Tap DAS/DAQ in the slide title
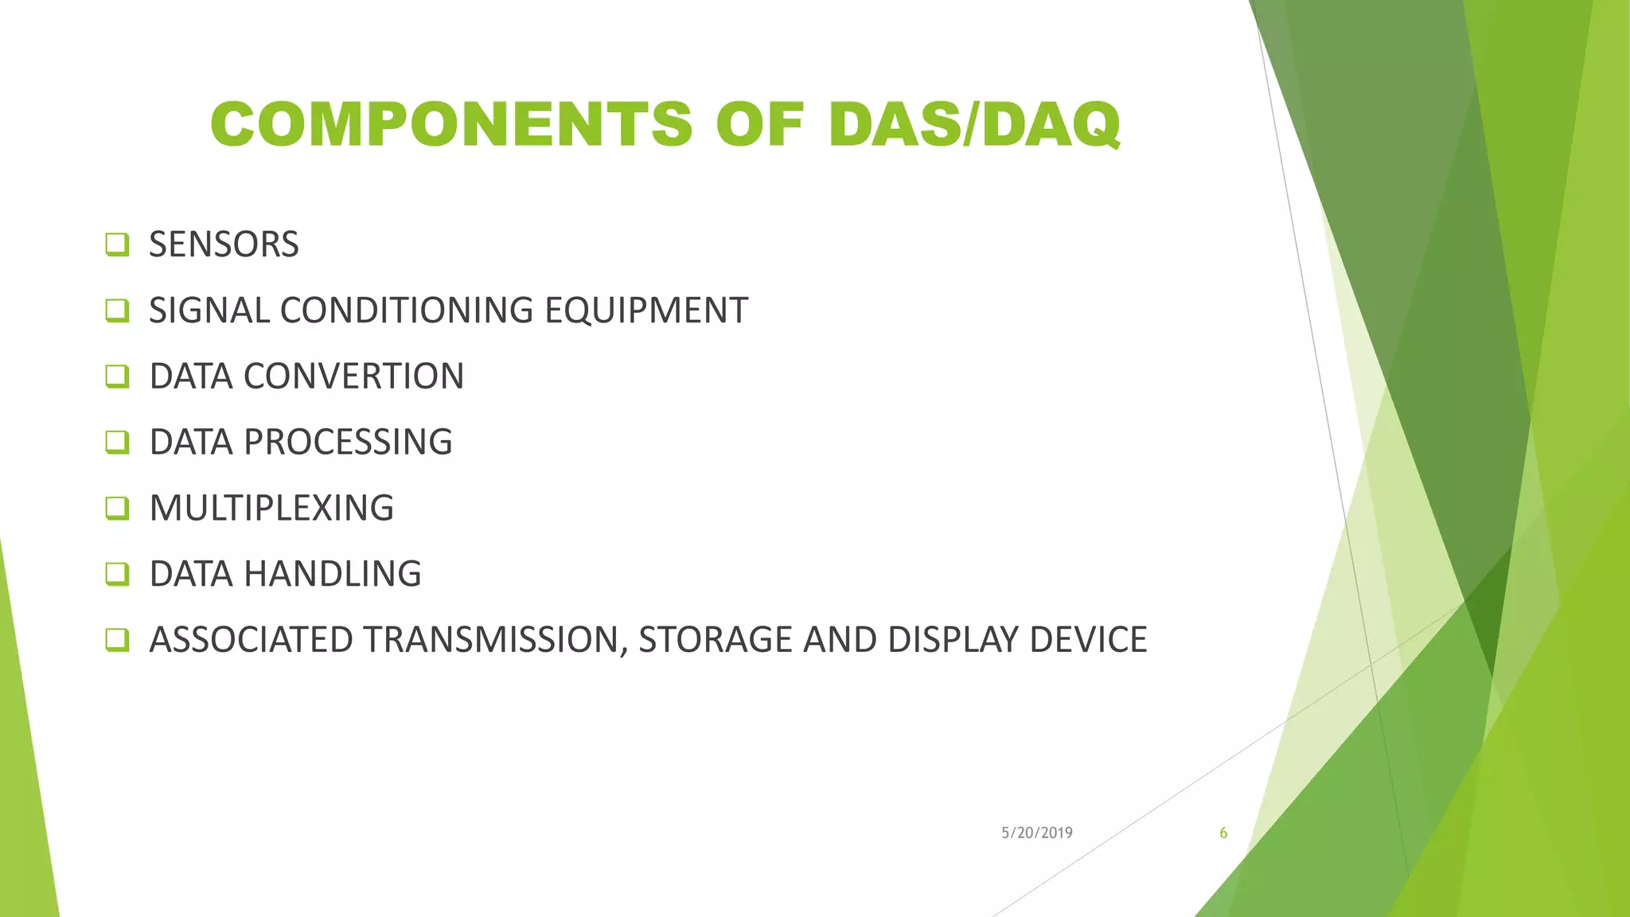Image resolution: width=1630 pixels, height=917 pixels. (974, 125)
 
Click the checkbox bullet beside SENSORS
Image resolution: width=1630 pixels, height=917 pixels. (117, 244)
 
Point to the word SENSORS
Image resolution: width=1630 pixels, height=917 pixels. (224, 244)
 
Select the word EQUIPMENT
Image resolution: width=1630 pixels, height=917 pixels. (646, 310)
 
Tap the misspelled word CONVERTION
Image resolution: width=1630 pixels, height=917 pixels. (353, 377)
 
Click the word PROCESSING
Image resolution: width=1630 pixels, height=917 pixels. (348, 443)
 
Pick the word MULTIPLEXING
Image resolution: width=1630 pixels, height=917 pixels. (271, 509)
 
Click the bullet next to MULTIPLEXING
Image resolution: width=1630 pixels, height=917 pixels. (117, 508)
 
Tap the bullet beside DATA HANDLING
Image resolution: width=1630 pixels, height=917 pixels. (117, 574)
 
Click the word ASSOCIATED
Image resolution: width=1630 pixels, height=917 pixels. (251, 640)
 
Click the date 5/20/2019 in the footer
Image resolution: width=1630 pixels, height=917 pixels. (1036, 833)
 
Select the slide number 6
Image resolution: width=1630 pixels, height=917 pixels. (1223, 833)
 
